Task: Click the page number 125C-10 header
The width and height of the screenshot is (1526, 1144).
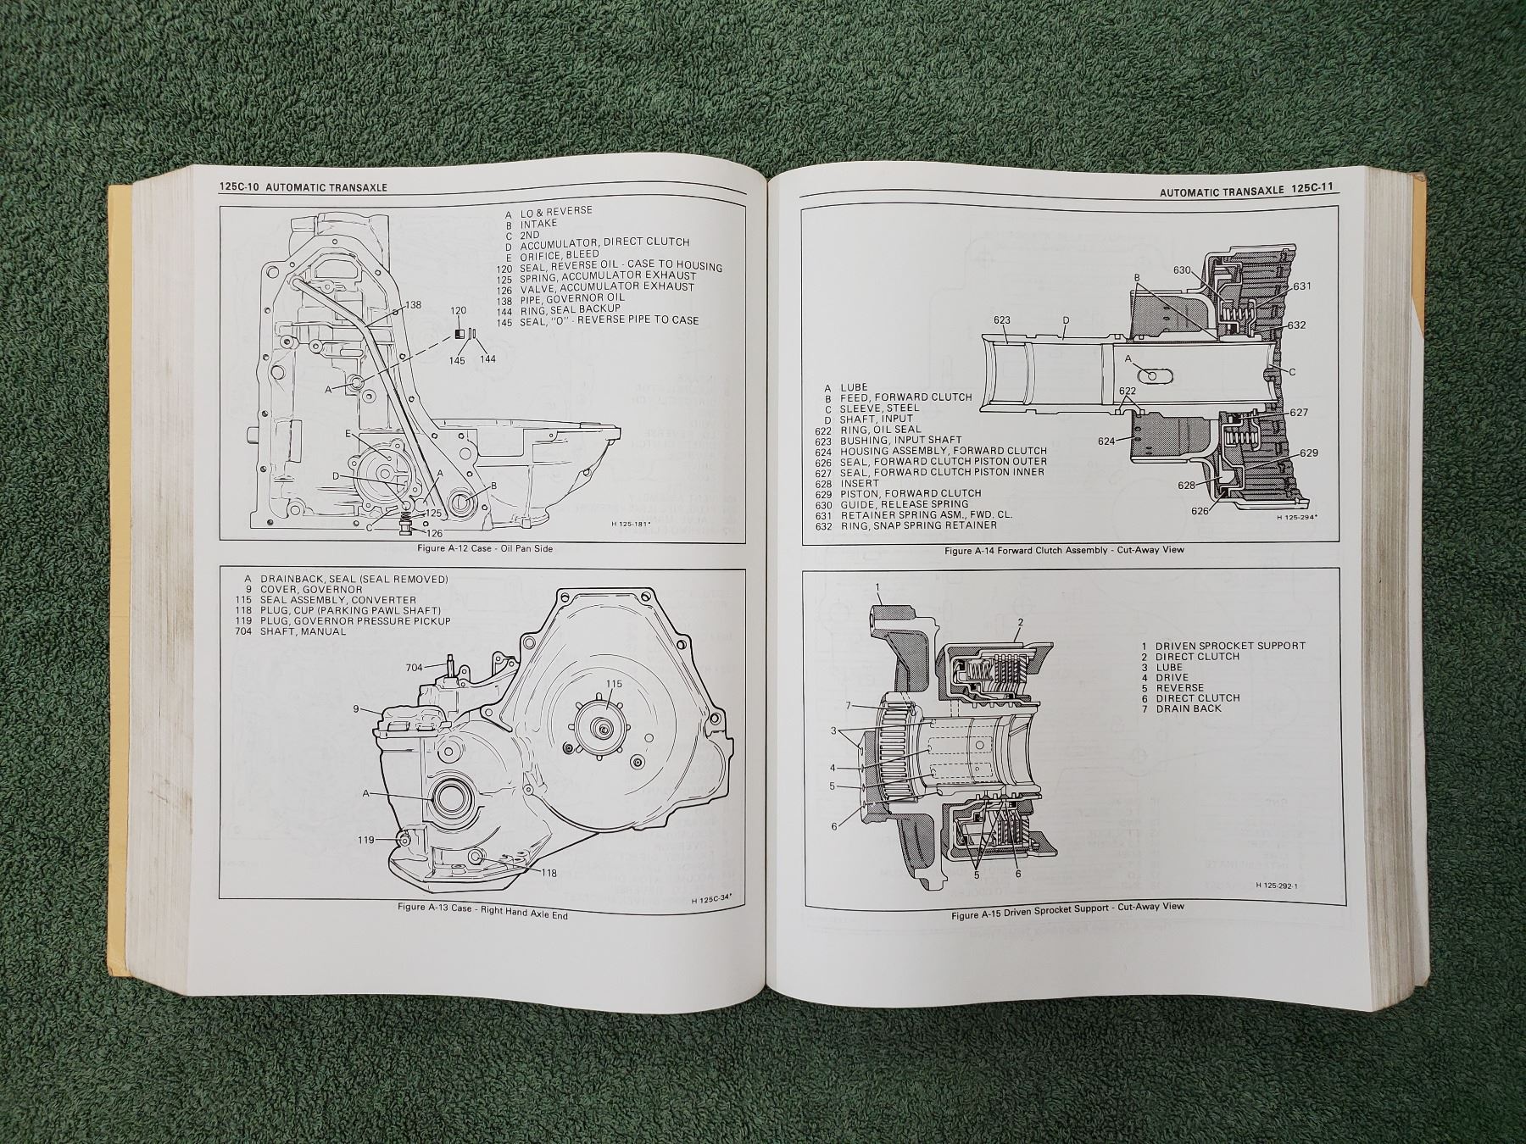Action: pyautogui.click(x=238, y=188)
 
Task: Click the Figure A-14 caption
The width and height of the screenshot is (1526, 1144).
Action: pyautogui.click(x=1065, y=550)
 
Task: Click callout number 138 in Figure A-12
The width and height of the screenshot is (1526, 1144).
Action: pyautogui.click(x=413, y=304)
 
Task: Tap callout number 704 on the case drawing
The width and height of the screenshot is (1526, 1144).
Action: pyautogui.click(x=414, y=668)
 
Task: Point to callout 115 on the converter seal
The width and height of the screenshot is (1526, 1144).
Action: pyautogui.click(x=614, y=683)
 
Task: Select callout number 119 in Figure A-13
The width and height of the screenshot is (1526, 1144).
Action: pyautogui.click(x=365, y=840)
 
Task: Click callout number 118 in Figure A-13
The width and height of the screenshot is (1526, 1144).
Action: pyautogui.click(x=549, y=874)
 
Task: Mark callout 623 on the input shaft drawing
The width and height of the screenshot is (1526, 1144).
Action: pyautogui.click(x=1002, y=320)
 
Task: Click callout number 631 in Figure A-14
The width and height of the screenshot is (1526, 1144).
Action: pyautogui.click(x=1302, y=286)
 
